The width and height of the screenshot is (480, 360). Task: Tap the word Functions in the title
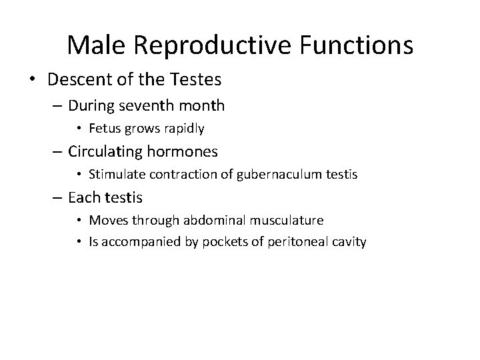click(355, 45)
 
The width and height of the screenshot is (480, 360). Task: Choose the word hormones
click(187, 151)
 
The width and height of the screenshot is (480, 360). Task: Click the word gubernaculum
click(253, 175)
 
